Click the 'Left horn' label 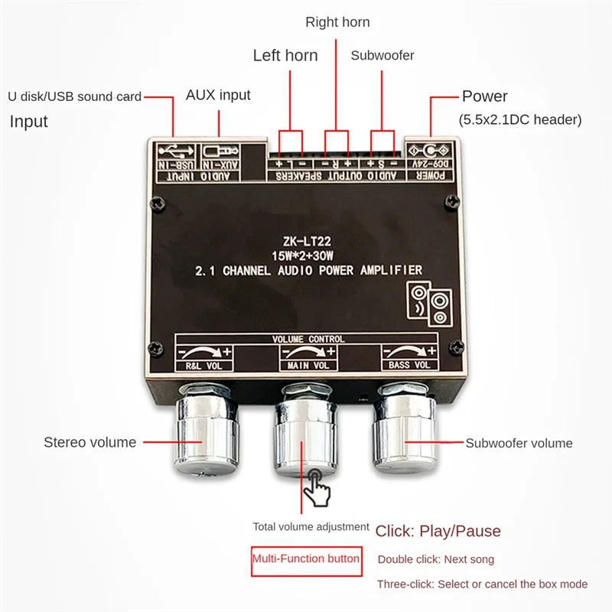[x=285, y=55]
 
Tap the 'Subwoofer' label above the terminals [x=382, y=55]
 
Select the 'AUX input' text [x=218, y=96]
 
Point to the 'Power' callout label [x=484, y=96]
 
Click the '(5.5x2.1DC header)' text [x=520, y=119]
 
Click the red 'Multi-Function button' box [x=306, y=558]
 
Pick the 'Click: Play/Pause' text [x=438, y=531]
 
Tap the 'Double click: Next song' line [x=435, y=559]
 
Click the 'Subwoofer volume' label [x=519, y=443]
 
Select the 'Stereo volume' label [x=90, y=442]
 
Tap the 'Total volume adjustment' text [x=311, y=527]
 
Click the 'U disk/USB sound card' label [x=74, y=96]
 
